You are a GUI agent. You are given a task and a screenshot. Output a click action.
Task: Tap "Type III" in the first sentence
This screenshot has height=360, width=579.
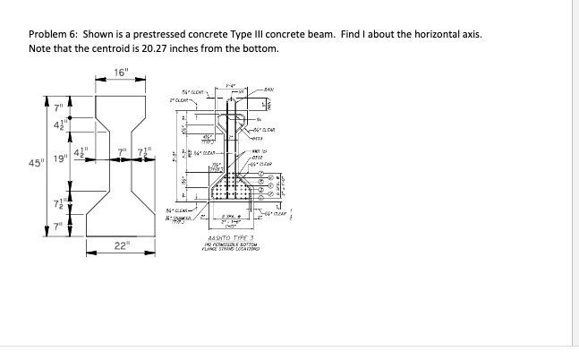(x=249, y=34)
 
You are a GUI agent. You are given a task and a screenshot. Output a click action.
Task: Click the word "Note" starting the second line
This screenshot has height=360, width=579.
(x=40, y=48)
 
